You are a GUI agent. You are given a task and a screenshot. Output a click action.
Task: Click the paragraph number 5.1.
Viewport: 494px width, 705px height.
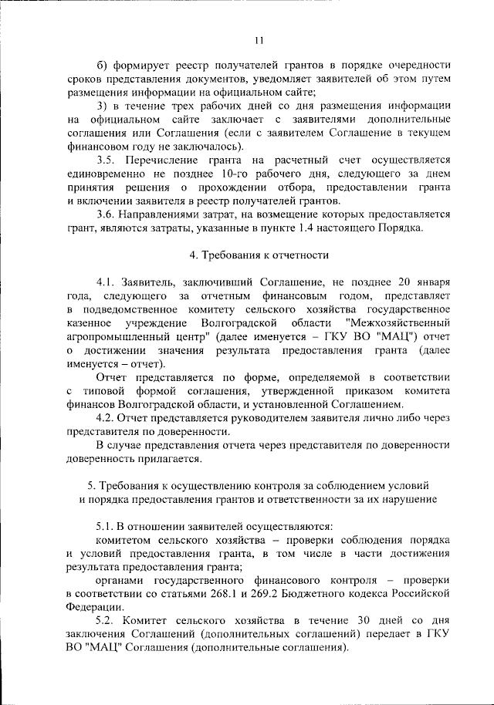pos(107,525)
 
